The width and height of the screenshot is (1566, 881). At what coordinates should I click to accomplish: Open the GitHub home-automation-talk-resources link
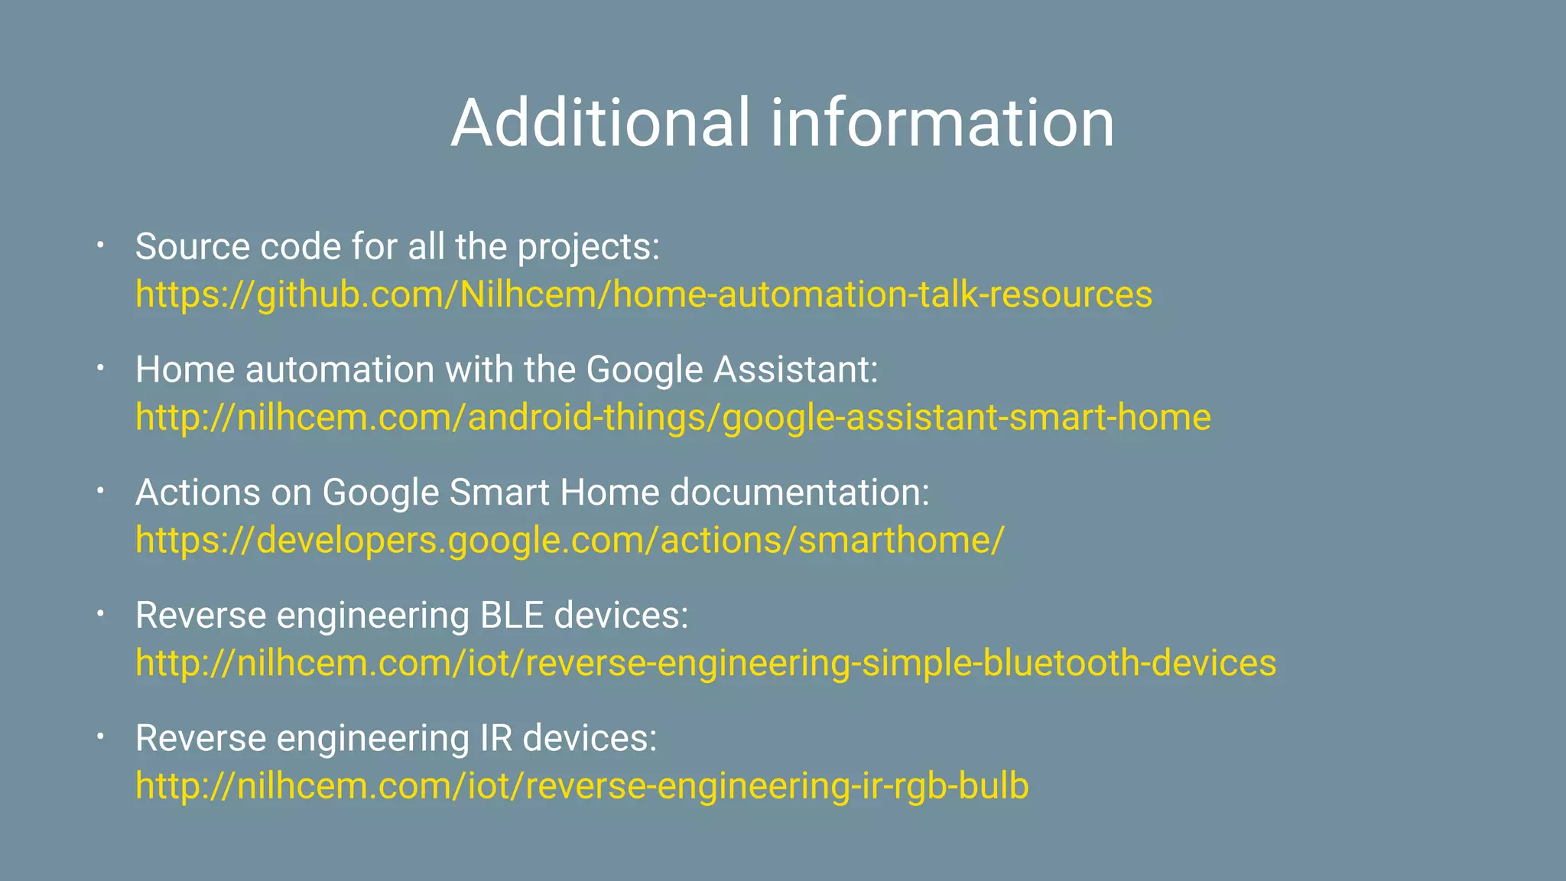click(644, 294)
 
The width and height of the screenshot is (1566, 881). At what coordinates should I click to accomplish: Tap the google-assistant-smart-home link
click(673, 418)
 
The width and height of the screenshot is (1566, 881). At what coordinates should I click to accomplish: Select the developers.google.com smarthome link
click(570, 540)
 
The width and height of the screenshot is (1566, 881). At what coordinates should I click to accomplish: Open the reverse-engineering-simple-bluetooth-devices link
click(706, 663)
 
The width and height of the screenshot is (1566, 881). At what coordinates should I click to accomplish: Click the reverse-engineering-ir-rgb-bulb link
click(582, 786)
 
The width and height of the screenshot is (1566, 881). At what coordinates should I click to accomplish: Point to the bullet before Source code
click(99, 245)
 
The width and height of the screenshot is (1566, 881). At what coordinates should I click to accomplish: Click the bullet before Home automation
click(99, 369)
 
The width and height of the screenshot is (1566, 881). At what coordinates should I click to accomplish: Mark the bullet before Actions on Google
click(99, 492)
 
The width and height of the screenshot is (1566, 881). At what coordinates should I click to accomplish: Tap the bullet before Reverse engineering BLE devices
click(99, 614)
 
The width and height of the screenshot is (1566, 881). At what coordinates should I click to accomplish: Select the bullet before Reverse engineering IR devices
click(99, 737)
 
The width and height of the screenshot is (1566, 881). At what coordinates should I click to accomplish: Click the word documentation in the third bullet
click(799, 493)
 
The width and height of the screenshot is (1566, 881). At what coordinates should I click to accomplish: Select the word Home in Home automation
click(184, 370)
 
